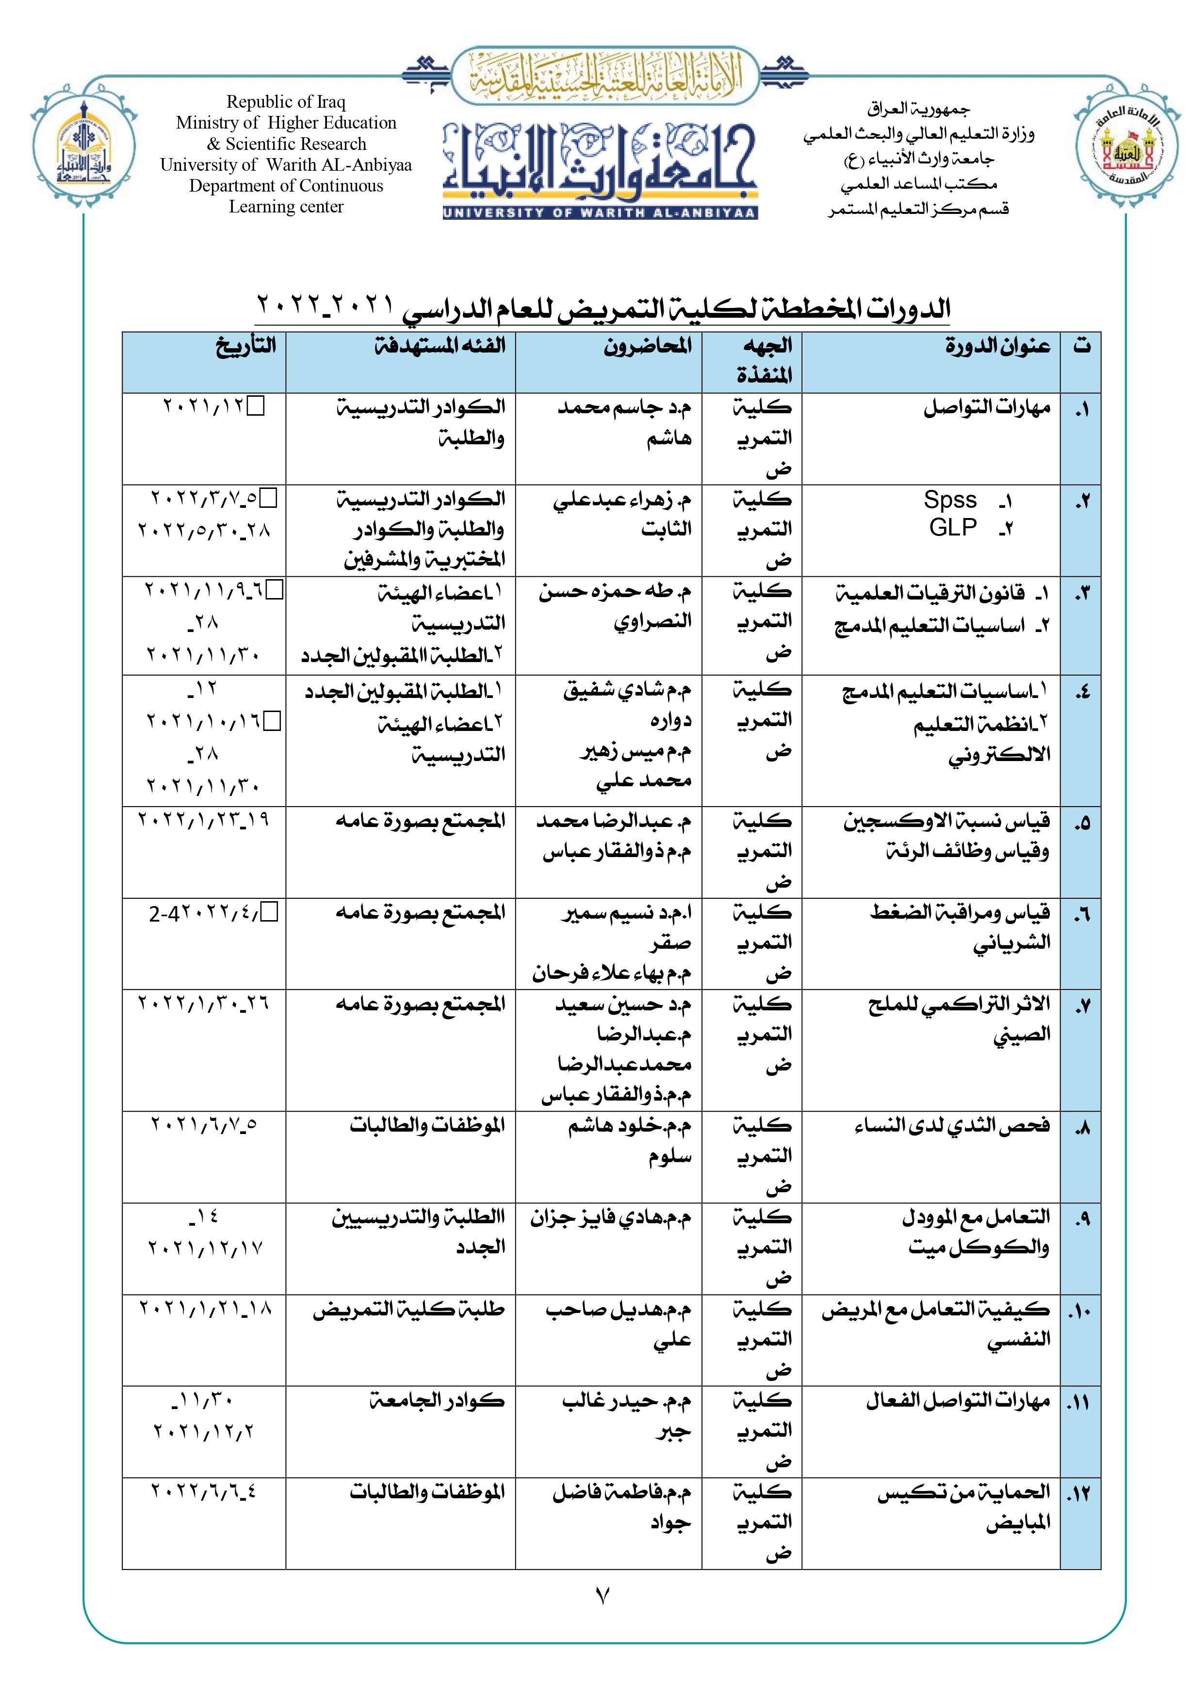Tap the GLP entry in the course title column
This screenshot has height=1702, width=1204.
click(x=953, y=527)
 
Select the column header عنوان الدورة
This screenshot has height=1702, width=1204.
click(x=997, y=346)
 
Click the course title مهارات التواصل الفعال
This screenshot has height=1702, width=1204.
click(x=958, y=1401)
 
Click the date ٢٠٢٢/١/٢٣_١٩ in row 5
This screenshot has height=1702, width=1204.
click(x=204, y=820)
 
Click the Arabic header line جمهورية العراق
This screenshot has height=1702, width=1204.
click(x=919, y=110)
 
